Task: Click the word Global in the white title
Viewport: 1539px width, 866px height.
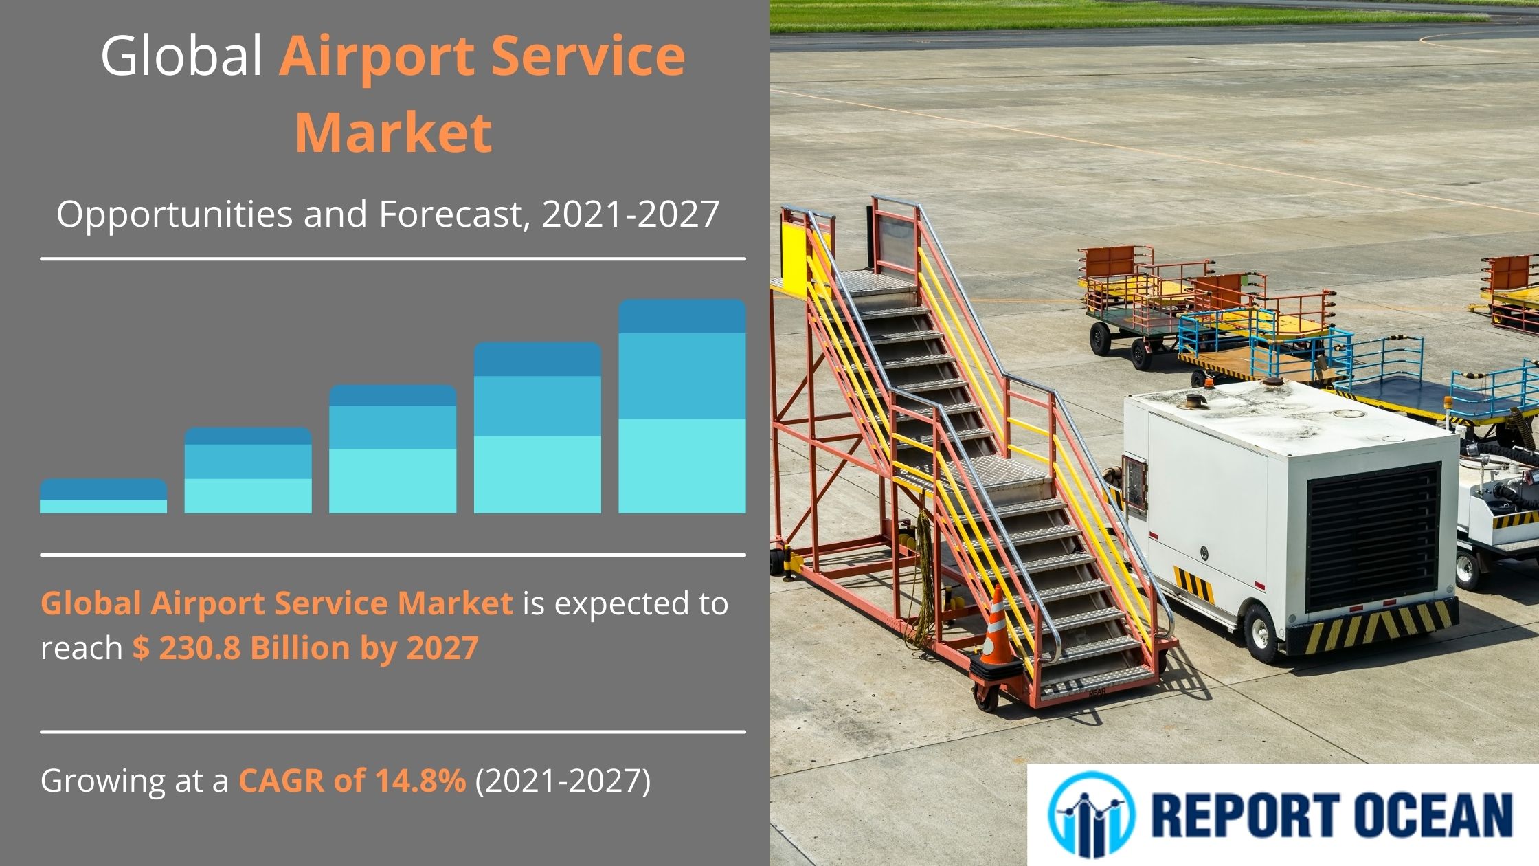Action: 182,55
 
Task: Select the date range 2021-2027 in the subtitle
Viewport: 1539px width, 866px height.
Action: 630,214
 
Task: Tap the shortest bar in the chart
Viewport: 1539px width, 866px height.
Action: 103,496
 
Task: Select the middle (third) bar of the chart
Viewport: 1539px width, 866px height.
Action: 392,449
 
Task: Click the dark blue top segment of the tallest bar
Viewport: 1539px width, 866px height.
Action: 682,317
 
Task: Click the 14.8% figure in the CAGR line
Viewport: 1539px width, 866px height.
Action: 420,780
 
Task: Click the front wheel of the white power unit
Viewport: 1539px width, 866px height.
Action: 1264,632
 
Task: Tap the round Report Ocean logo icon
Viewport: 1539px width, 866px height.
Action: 1091,814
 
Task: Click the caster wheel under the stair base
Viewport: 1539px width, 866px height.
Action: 986,698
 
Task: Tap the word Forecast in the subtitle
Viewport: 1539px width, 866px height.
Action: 451,214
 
